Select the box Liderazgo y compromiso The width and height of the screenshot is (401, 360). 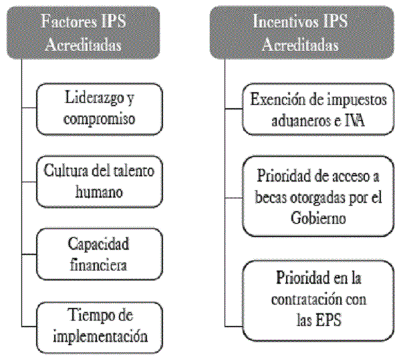(x=100, y=109)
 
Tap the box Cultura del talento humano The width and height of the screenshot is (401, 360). (x=100, y=182)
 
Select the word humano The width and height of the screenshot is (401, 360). (x=99, y=192)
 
